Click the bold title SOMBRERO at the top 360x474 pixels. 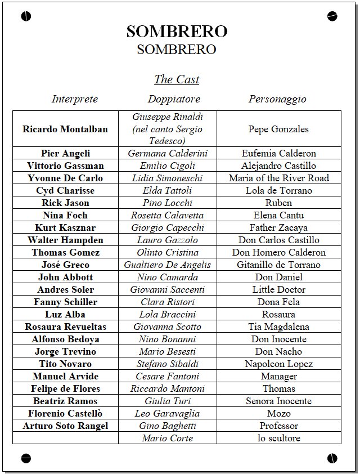pyautogui.click(x=177, y=32)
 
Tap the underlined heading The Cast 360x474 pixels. pyautogui.click(x=177, y=79)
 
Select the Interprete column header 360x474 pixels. pyautogui.click(x=75, y=99)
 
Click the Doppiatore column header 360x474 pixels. pyautogui.click(x=174, y=99)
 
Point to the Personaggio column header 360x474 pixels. pyautogui.click(x=278, y=99)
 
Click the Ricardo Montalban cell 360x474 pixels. pyautogui.click(x=65, y=129)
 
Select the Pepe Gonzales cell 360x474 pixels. pyautogui.click(x=278, y=129)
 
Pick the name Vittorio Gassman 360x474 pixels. pyautogui.click(x=65, y=166)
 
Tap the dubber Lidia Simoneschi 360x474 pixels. pyautogui.click(x=168, y=178)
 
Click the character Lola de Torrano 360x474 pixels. pyautogui.click(x=278, y=190)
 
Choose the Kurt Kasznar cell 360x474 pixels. pyautogui.click(x=65, y=227)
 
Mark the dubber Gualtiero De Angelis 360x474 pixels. pyautogui.click(x=168, y=265)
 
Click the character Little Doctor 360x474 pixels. pyautogui.click(x=278, y=289)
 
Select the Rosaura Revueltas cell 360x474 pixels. pyautogui.click(x=65, y=327)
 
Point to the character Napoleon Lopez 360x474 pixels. pyautogui.click(x=278, y=364)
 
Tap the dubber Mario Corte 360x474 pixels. pyautogui.click(x=168, y=438)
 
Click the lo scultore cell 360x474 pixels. pyautogui.click(x=278, y=438)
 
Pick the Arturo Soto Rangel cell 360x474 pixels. pyautogui.click(x=65, y=426)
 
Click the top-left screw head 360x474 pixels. pyautogui.click(x=26, y=16)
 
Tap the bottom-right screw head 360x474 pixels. pyautogui.click(x=332, y=458)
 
